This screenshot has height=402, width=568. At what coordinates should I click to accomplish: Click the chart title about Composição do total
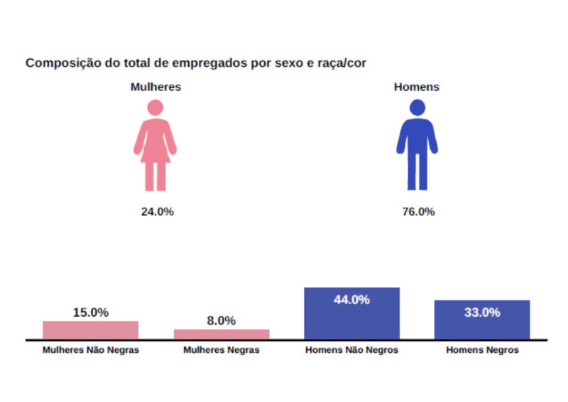coord(196,63)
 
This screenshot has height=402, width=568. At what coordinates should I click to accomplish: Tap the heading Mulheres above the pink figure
coord(155,87)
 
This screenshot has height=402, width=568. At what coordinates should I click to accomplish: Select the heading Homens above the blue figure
coord(417,87)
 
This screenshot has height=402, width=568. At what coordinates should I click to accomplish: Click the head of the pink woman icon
coord(155,107)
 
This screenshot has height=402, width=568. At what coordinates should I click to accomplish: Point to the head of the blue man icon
coord(417,107)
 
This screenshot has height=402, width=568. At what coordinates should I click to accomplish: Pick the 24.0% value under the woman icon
coord(157,212)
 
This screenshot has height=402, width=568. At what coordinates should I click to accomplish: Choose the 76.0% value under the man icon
coord(418,212)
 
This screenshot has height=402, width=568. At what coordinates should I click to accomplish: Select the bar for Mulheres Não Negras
coord(90,330)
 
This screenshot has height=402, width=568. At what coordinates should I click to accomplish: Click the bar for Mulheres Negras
coord(222,335)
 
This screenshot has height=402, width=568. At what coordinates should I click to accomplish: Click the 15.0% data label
coord(90,313)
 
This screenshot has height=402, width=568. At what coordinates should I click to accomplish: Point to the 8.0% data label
coord(222,321)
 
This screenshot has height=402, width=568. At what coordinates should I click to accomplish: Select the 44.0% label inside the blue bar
coord(351,300)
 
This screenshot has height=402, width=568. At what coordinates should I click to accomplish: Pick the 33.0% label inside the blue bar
coord(482,313)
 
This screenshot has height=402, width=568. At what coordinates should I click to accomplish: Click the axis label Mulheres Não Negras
coord(90,351)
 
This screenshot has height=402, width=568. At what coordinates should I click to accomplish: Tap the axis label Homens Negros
coord(482,351)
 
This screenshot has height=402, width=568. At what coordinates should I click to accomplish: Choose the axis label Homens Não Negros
coord(351,351)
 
